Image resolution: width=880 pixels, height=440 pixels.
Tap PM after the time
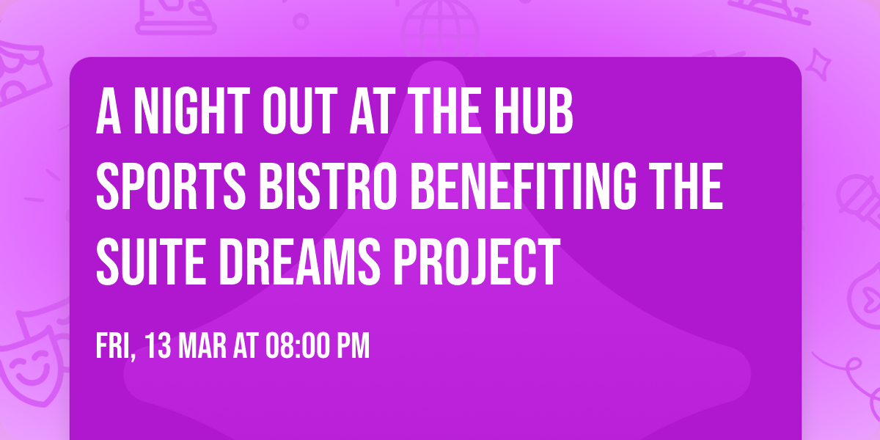pos(354,346)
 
